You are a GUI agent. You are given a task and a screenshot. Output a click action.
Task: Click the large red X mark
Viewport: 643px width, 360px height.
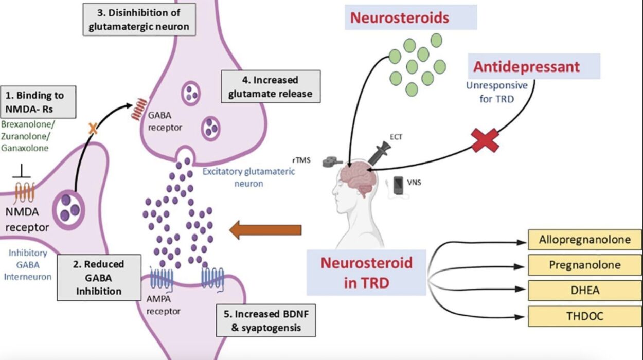point(485,140)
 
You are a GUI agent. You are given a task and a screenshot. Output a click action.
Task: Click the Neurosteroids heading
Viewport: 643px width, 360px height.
point(399,18)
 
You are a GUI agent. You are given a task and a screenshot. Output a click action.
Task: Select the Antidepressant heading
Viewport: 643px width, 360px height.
point(526,66)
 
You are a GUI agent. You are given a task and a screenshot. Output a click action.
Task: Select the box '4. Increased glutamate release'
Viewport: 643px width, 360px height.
point(271,87)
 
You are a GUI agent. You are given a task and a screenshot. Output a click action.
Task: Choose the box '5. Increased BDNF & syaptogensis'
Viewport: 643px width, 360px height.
point(265,319)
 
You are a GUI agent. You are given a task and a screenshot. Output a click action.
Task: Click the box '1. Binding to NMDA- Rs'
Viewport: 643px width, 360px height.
point(39,101)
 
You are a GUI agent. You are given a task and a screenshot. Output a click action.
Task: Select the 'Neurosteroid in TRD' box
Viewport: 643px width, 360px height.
point(366,272)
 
